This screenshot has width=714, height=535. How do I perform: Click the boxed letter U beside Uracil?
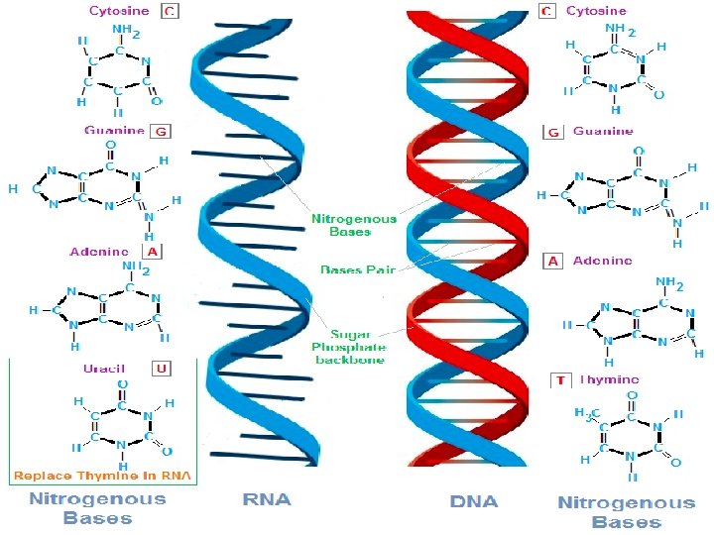click(x=161, y=369)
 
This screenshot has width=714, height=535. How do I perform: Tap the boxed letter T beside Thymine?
click(x=560, y=379)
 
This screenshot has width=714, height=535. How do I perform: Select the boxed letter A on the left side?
click(x=154, y=252)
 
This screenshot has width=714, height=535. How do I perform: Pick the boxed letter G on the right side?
click(x=554, y=131)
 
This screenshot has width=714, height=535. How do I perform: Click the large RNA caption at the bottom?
click(x=268, y=500)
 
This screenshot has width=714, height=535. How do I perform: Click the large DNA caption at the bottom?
click(x=474, y=501)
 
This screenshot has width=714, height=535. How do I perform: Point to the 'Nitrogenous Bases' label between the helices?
click(x=354, y=225)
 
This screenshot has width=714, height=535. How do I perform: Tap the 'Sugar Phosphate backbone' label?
click(x=348, y=348)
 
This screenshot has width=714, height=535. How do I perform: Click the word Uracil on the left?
click(x=104, y=369)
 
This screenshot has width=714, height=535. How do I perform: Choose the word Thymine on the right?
click(x=609, y=379)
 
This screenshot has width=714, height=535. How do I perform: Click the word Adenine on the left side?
click(x=99, y=252)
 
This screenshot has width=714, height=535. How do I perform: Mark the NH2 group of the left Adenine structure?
click(x=136, y=267)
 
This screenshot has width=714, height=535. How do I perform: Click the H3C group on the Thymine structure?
click(x=587, y=413)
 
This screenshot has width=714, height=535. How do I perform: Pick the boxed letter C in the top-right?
click(x=546, y=11)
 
